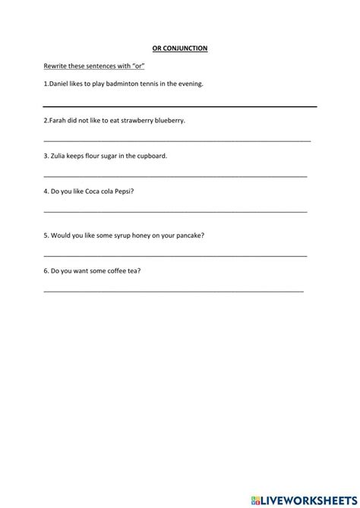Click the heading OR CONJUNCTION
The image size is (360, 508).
pyautogui.click(x=179, y=49)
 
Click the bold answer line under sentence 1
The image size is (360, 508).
pyautogui.click(x=179, y=106)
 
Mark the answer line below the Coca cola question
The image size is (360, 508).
pyautogui.click(x=175, y=211)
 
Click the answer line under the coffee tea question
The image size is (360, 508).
pyautogui.click(x=173, y=291)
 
